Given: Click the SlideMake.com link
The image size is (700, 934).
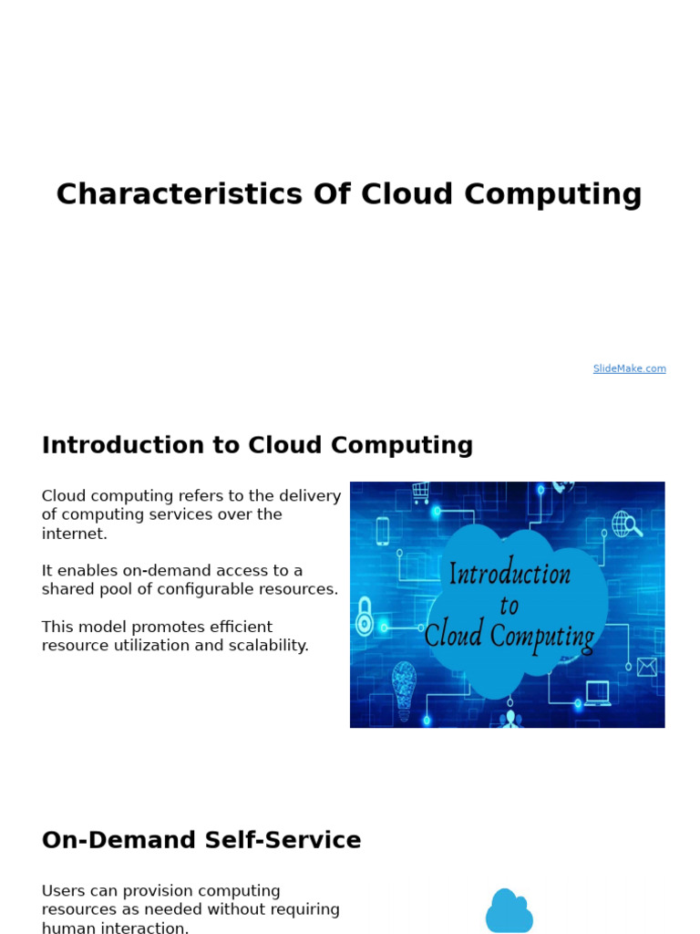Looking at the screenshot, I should [629, 368].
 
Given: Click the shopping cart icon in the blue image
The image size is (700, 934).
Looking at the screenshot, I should [420, 493].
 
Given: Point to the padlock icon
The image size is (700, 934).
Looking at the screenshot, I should [365, 616].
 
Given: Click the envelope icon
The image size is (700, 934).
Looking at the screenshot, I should [647, 667].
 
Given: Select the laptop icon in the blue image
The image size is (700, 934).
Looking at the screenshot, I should [598, 693].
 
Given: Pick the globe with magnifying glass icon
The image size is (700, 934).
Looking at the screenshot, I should [627, 524].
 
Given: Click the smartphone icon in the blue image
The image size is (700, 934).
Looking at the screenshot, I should [382, 531].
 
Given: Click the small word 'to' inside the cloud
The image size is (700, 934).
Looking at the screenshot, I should [509, 606].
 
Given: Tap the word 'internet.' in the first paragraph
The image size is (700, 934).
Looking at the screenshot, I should [75, 534].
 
